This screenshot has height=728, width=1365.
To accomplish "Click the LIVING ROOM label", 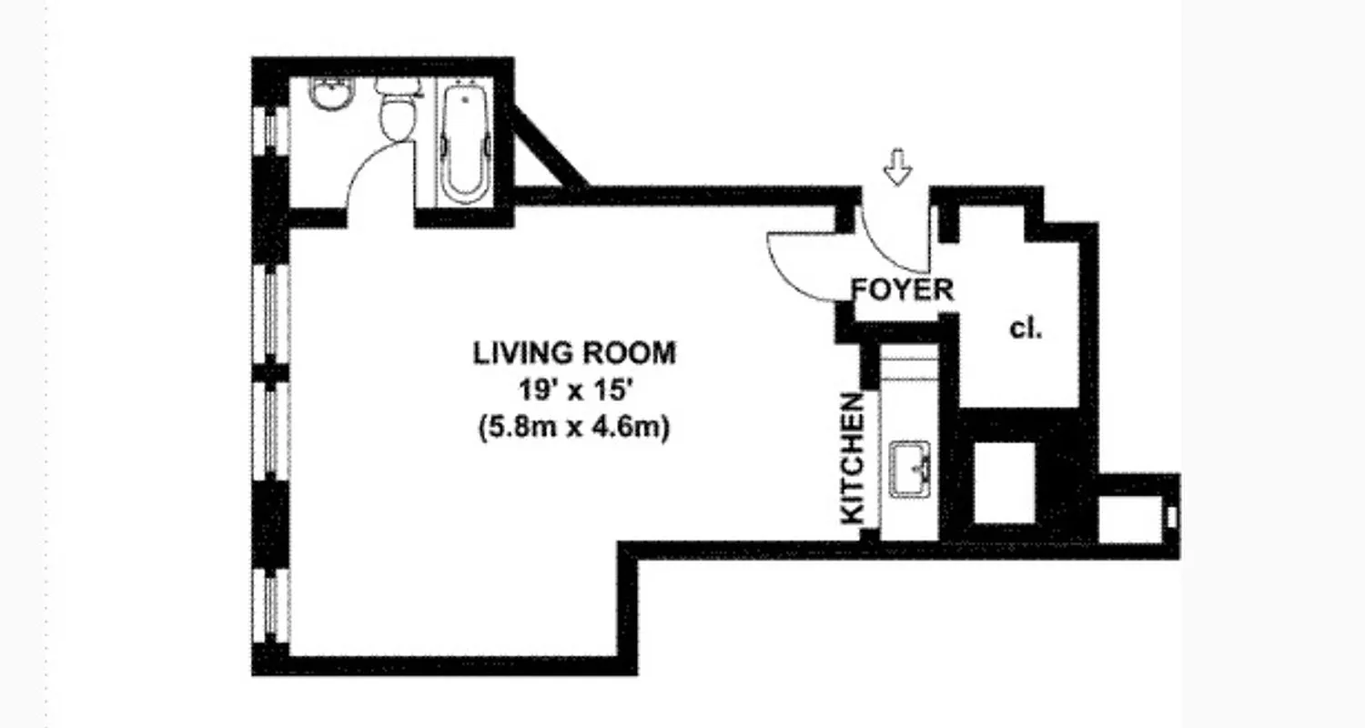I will (x=574, y=353).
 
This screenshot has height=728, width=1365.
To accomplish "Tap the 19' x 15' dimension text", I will (x=574, y=390).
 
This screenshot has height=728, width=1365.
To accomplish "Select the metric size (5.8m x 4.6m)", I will (x=574, y=427).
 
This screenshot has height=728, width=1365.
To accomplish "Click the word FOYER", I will (x=903, y=290).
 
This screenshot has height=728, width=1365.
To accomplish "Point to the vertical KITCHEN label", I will (x=852, y=458).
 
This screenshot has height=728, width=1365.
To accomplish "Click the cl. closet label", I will (x=1026, y=329).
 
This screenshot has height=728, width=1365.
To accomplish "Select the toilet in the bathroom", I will (x=397, y=114).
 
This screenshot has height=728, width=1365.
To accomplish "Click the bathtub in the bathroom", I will (x=466, y=141).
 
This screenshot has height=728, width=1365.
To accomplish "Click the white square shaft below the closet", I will (x=1005, y=482).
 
